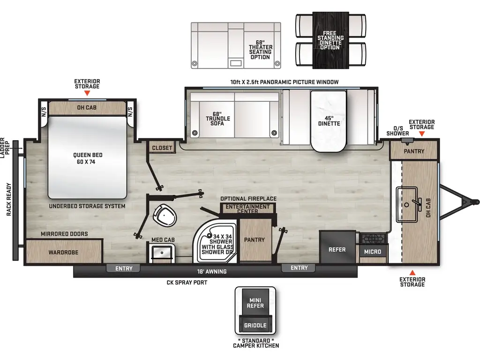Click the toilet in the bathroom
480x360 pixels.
165,215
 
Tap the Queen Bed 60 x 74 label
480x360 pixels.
88,158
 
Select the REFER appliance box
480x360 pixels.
337,247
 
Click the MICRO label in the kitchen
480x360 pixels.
373,252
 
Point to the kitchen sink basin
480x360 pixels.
407,204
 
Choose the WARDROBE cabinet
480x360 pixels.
64,251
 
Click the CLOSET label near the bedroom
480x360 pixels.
162,148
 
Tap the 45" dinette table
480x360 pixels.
329,121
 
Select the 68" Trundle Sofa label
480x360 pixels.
217,119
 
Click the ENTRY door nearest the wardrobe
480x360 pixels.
124,269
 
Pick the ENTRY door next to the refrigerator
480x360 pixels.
299,268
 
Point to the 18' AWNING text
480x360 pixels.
212,271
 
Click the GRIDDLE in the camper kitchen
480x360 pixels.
255,325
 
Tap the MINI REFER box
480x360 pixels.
255,303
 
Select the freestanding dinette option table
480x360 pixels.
330,40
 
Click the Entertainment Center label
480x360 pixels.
247,209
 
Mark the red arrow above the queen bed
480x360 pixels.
87,93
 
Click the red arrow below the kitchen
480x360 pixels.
412,272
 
